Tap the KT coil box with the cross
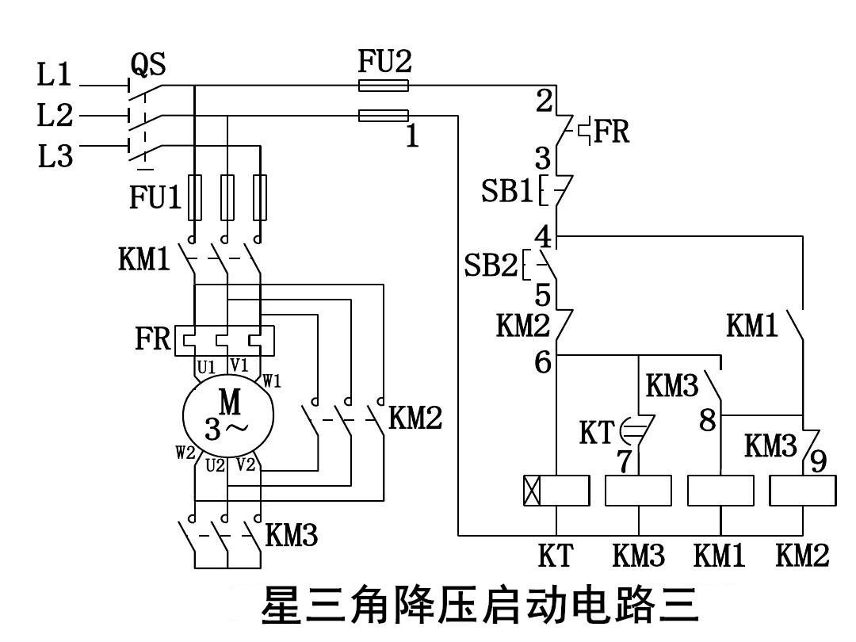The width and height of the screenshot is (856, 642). pos(557,491)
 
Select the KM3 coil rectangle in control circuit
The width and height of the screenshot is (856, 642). pos(639,491)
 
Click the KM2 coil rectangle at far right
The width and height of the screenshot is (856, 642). pos(803,491)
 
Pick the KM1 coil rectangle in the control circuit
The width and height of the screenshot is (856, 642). pos(720,491)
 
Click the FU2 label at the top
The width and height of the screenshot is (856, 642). pos(384,61)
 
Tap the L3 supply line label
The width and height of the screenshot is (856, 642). pos(55,156)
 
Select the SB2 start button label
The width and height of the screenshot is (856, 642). pos(491,266)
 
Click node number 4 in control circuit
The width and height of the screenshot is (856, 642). pos(543,236)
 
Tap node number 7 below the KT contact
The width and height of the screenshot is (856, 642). pos(625,462)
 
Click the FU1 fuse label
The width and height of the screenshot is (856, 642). pos(155,197)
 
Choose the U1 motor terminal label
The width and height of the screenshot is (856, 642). pos(206,368)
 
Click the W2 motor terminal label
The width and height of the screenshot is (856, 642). pos(185,453)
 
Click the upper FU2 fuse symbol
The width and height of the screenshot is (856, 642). pos(384,86)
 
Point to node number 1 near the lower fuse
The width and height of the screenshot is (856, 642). pos(412,137)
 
